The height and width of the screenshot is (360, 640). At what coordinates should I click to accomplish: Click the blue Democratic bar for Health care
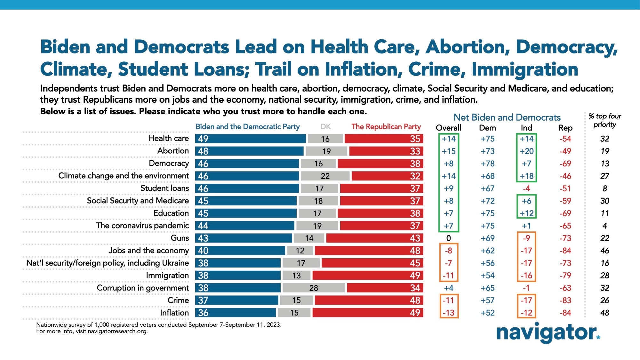pyautogui.click(x=250, y=139)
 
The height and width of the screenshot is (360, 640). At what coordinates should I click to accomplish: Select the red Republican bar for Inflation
pyautogui.click(x=368, y=313)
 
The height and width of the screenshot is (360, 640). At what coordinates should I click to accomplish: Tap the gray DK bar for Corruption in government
pyautogui.click(x=314, y=288)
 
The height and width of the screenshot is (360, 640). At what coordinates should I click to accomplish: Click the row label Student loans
pyautogui.click(x=164, y=188)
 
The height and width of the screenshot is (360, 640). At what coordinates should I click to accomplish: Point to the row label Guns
pyautogui.click(x=180, y=238)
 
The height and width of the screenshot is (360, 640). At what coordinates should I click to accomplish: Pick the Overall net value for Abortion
pyautogui.click(x=448, y=151)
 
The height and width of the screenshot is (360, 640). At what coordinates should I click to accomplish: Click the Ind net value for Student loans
pyautogui.click(x=526, y=188)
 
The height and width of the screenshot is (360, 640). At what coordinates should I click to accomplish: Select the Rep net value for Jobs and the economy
pyautogui.click(x=565, y=251)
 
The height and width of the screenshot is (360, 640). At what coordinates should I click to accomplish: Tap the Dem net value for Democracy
pyautogui.click(x=487, y=164)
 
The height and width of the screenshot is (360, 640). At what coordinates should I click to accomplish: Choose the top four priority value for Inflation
pyautogui.click(x=604, y=313)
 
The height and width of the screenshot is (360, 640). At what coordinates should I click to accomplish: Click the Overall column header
pyautogui.click(x=448, y=128)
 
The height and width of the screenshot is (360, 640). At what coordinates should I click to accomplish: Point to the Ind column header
pyautogui.click(x=526, y=128)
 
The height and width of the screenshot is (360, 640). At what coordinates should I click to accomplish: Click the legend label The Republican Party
pyautogui.click(x=386, y=127)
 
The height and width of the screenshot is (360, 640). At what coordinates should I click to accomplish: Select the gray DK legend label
pyautogui.click(x=325, y=127)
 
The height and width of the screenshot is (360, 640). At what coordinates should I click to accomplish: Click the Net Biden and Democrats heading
pyautogui.click(x=507, y=117)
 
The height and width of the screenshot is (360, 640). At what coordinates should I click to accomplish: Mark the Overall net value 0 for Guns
pyautogui.click(x=448, y=238)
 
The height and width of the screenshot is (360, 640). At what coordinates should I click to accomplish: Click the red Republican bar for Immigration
pyautogui.click(x=368, y=276)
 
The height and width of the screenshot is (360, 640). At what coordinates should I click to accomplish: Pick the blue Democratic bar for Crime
pyautogui.click(x=236, y=300)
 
